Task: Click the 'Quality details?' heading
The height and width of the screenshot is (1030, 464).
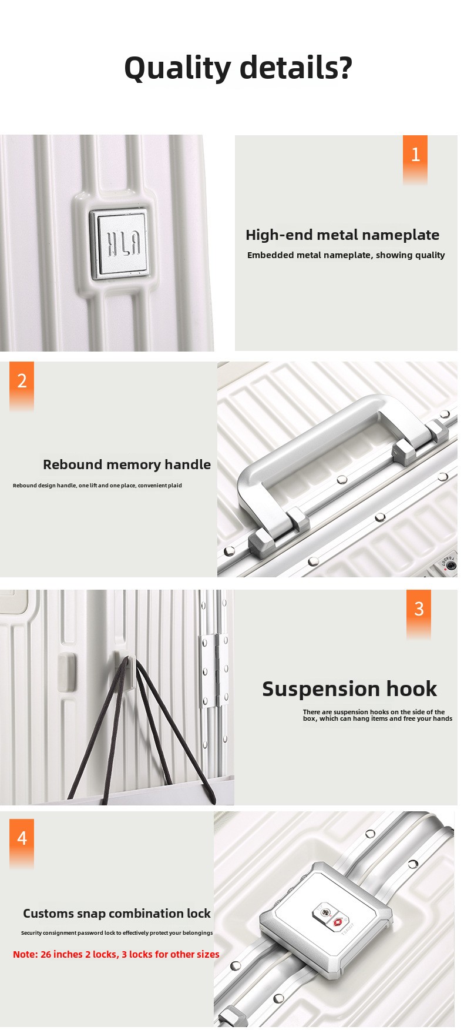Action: tap(238, 68)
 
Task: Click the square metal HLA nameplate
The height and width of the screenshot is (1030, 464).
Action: tap(119, 242)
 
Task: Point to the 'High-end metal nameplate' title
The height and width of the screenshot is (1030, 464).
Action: tap(342, 235)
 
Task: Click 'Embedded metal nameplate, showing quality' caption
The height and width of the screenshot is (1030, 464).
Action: tap(346, 255)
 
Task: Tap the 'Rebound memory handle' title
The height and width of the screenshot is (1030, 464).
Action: tap(127, 464)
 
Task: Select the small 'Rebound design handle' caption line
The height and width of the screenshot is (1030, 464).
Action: tap(97, 486)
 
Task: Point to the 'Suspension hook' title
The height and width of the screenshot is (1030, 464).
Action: tap(349, 689)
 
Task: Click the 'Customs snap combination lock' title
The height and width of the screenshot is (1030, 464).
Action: tap(117, 914)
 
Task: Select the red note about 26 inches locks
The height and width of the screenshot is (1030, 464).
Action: tap(116, 954)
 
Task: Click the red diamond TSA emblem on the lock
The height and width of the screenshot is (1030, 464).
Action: tap(338, 923)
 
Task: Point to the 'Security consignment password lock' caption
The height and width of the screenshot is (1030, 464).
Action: tap(117, 933)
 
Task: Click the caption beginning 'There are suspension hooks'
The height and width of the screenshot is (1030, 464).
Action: tap(378, 715)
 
